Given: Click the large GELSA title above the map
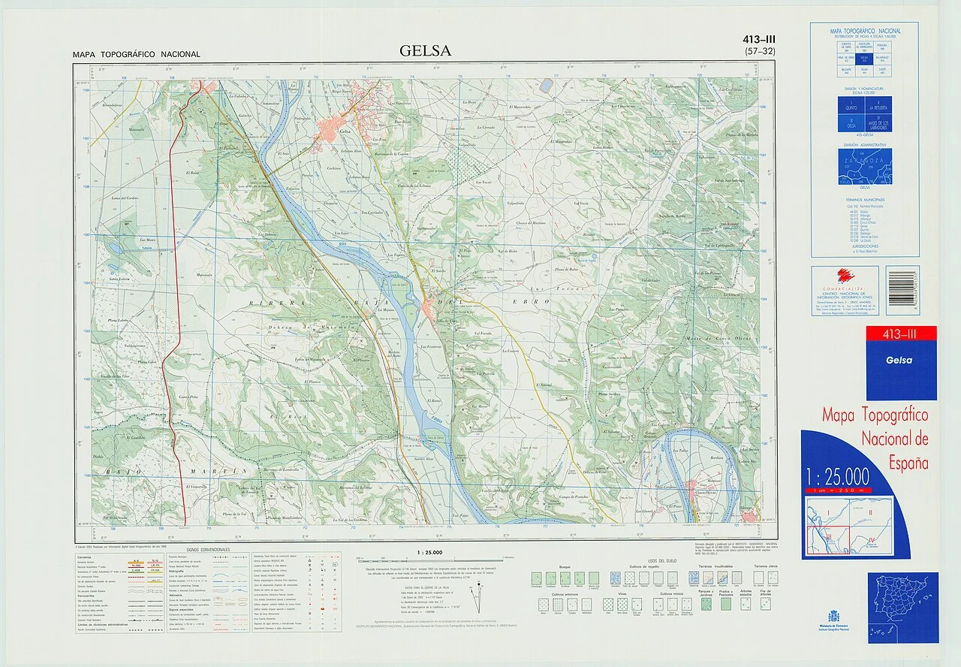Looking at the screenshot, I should (x=426, y=51).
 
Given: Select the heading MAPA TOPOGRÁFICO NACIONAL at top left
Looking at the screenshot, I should (x=137, y=54).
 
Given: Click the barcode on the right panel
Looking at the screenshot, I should (x=902, y=290).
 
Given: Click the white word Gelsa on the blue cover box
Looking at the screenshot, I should (x=899, y=360).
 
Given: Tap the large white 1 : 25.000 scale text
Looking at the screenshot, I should (x=837, y=477).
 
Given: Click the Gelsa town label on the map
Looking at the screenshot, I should (x=346, y=131).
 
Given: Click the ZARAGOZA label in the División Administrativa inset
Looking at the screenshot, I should (x=865, y=160).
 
